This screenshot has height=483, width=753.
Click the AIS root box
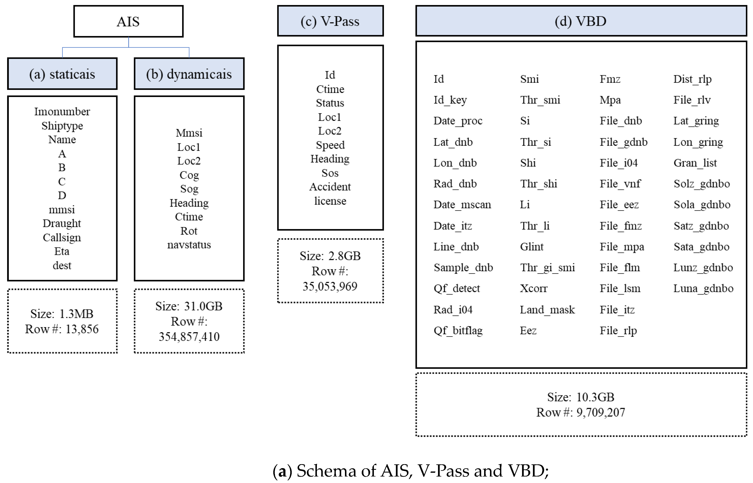coord(128,22)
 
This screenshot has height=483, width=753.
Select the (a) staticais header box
coord(62,74)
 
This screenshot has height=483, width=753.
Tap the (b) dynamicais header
coord(189,74)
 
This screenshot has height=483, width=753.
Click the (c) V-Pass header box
coord(330,21)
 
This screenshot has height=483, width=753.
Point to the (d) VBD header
coord(581,21)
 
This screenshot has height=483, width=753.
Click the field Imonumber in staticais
coord(62,111)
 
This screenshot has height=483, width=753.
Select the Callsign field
coord(62,238)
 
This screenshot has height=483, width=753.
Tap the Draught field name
coord(62,223)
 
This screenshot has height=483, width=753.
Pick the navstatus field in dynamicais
coord(189,245)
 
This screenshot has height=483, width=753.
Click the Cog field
coord(189,175)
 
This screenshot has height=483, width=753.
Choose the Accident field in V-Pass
coord(330,187)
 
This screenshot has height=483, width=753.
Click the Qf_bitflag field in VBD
coord(458,331)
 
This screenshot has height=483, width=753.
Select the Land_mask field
coord(547,310)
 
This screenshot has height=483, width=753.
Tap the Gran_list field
coord(695,163)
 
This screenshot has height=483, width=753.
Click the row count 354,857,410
coord(189,337)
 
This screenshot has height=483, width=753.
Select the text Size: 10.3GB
coord(581,397)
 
